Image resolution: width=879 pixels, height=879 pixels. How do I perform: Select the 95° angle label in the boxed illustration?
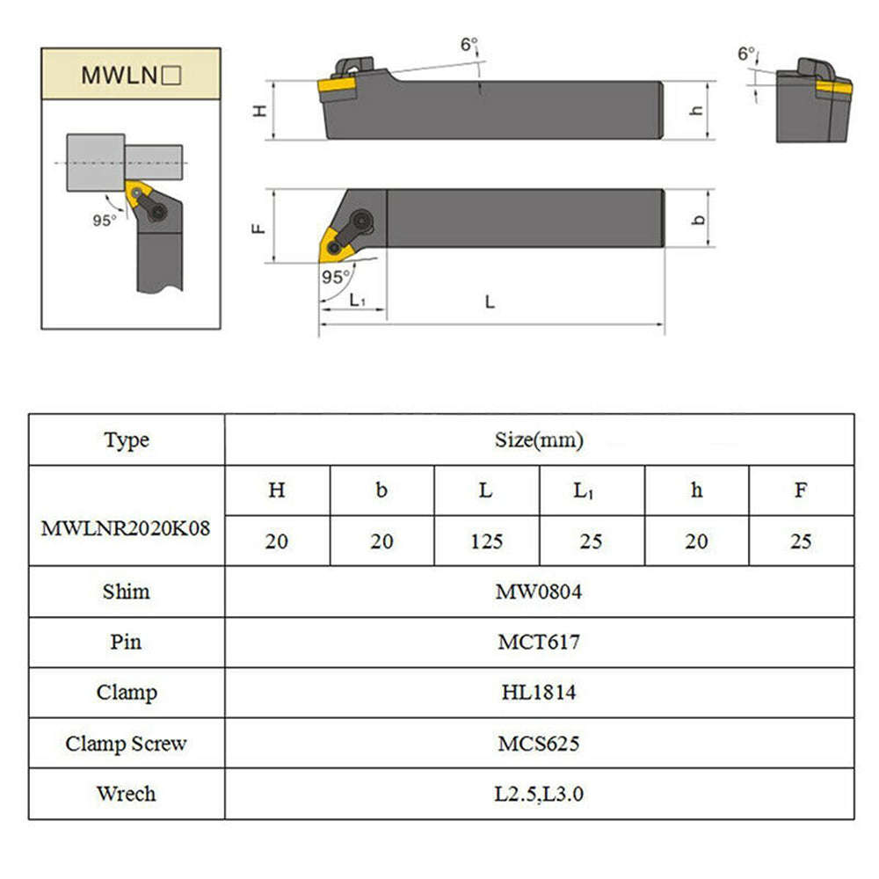tap(104, 221)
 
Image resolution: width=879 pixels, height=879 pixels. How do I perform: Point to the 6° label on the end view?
tap(746, 54)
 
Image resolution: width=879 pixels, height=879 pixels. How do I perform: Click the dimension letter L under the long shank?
tap(490, 301)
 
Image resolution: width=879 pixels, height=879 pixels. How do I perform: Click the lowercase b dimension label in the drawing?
tap(699, 219)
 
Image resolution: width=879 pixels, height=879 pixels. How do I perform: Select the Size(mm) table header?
tap(539, 439)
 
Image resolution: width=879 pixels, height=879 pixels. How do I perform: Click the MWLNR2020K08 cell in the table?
tap(126, 529)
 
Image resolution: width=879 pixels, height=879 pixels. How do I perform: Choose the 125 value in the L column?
tap(486, 541)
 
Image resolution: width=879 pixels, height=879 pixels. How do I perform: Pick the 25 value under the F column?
tap(801, 541)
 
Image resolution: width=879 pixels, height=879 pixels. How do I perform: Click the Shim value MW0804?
tap(539, 592)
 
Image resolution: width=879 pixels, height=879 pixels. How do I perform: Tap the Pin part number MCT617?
tap(539, 643)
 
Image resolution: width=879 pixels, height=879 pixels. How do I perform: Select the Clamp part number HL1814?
tap(539, 693)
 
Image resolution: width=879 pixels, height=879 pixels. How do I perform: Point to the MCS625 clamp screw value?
tap(539, 744)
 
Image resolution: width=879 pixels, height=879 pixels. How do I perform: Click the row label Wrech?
tap(126, 794)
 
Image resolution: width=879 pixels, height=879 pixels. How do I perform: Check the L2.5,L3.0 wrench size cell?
tap(539, 795)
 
